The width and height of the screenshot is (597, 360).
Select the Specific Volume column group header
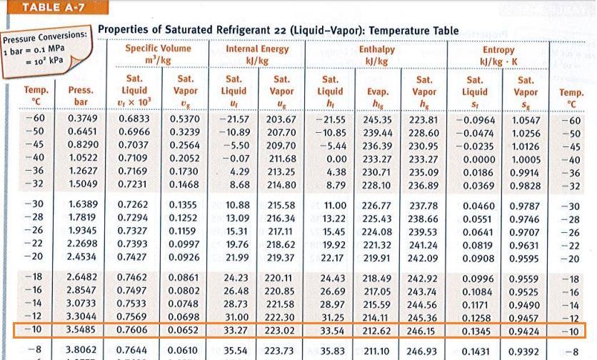158,49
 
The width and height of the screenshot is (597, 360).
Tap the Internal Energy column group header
257,49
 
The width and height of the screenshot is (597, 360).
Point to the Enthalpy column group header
376,50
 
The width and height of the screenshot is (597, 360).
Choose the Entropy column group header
498,51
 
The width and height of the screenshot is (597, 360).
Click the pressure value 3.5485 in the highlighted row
80,331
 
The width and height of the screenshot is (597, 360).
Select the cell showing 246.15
422,331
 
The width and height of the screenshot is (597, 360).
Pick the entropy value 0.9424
526,331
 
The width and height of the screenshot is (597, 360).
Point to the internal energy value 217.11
282,231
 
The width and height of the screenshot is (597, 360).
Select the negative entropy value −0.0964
473,120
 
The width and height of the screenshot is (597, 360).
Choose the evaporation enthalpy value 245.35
378,119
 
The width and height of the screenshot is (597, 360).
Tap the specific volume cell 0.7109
134,159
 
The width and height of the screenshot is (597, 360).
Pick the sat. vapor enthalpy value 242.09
423,257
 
